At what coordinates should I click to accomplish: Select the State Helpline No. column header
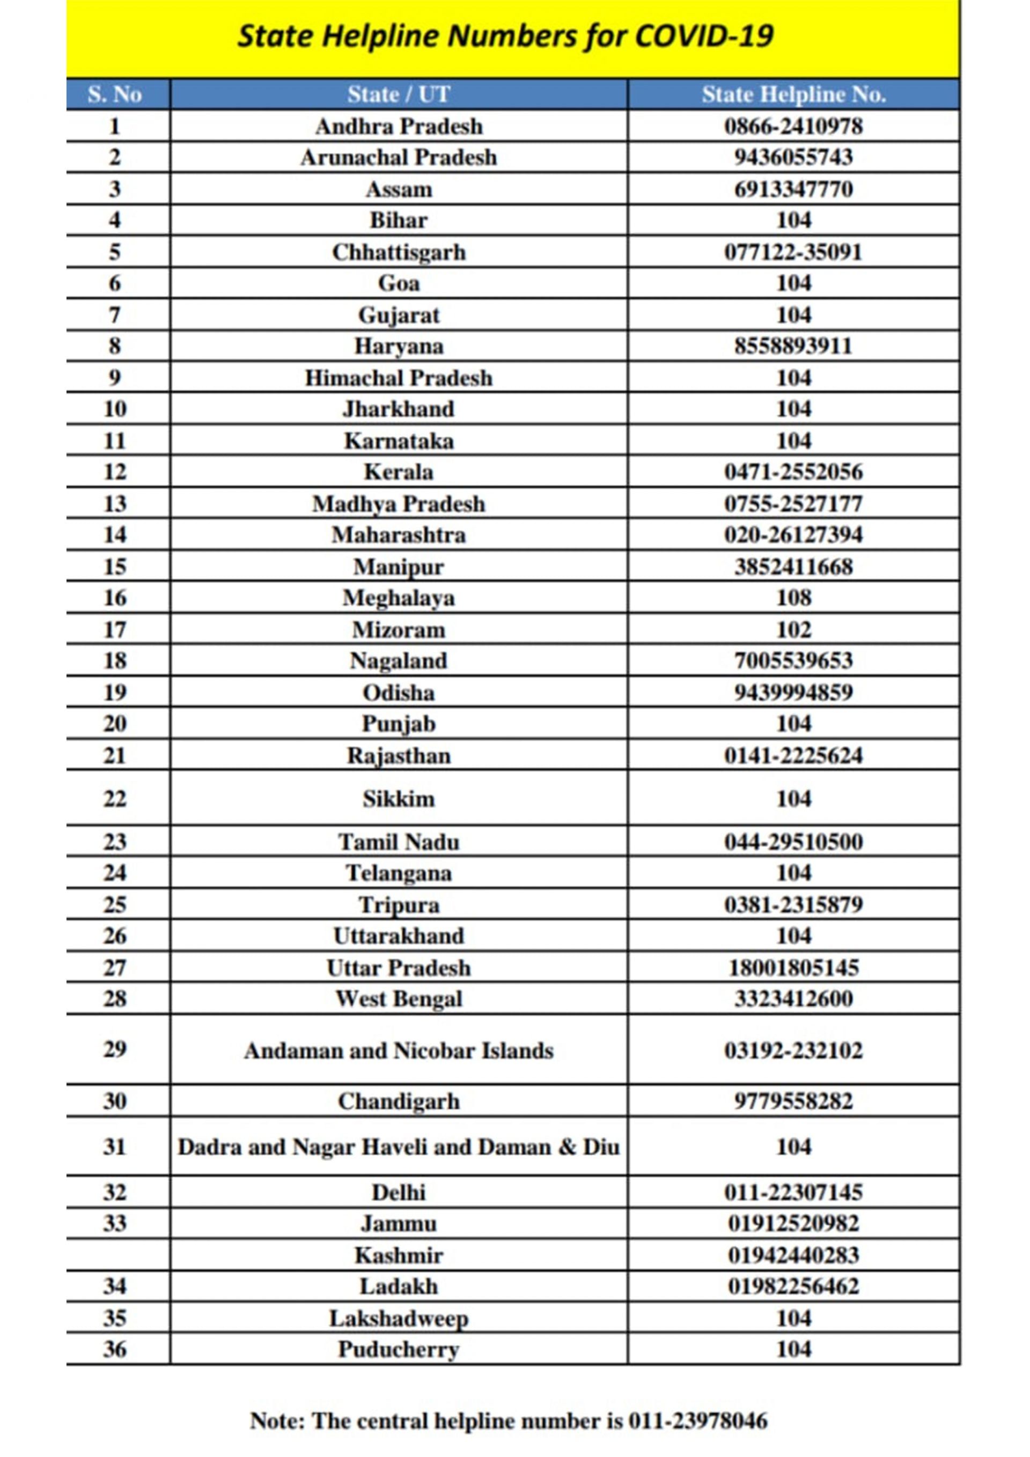click(x=793, y=94)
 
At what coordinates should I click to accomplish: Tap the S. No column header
click(x=115, y=94)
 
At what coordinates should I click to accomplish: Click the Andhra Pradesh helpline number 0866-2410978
click(x=793, y=126)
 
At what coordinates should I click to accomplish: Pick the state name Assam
click(x=399, y=189)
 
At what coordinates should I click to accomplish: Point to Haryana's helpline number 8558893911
click(x=793, y=347)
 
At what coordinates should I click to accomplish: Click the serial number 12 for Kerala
click(x=115, y=472)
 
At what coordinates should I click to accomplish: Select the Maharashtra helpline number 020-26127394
click(x=793, y=535)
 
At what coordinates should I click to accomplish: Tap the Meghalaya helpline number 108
click(x=793, y=598)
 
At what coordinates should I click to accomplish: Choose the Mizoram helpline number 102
click(x=793, y=629)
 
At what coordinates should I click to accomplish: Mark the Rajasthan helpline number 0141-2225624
click(x=793, y=756)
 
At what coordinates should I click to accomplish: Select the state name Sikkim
click(x=399, y=798)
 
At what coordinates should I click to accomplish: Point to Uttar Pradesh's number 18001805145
click(x=793, y=968)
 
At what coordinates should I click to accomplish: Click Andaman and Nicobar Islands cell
click(x=399, y=1051)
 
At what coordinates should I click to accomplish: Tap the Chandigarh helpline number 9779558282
click(x=793, y=1101)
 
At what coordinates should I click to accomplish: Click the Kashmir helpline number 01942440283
click(x=793, y=1255)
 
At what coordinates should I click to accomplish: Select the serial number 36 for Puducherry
click(x=115, y=1349)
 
